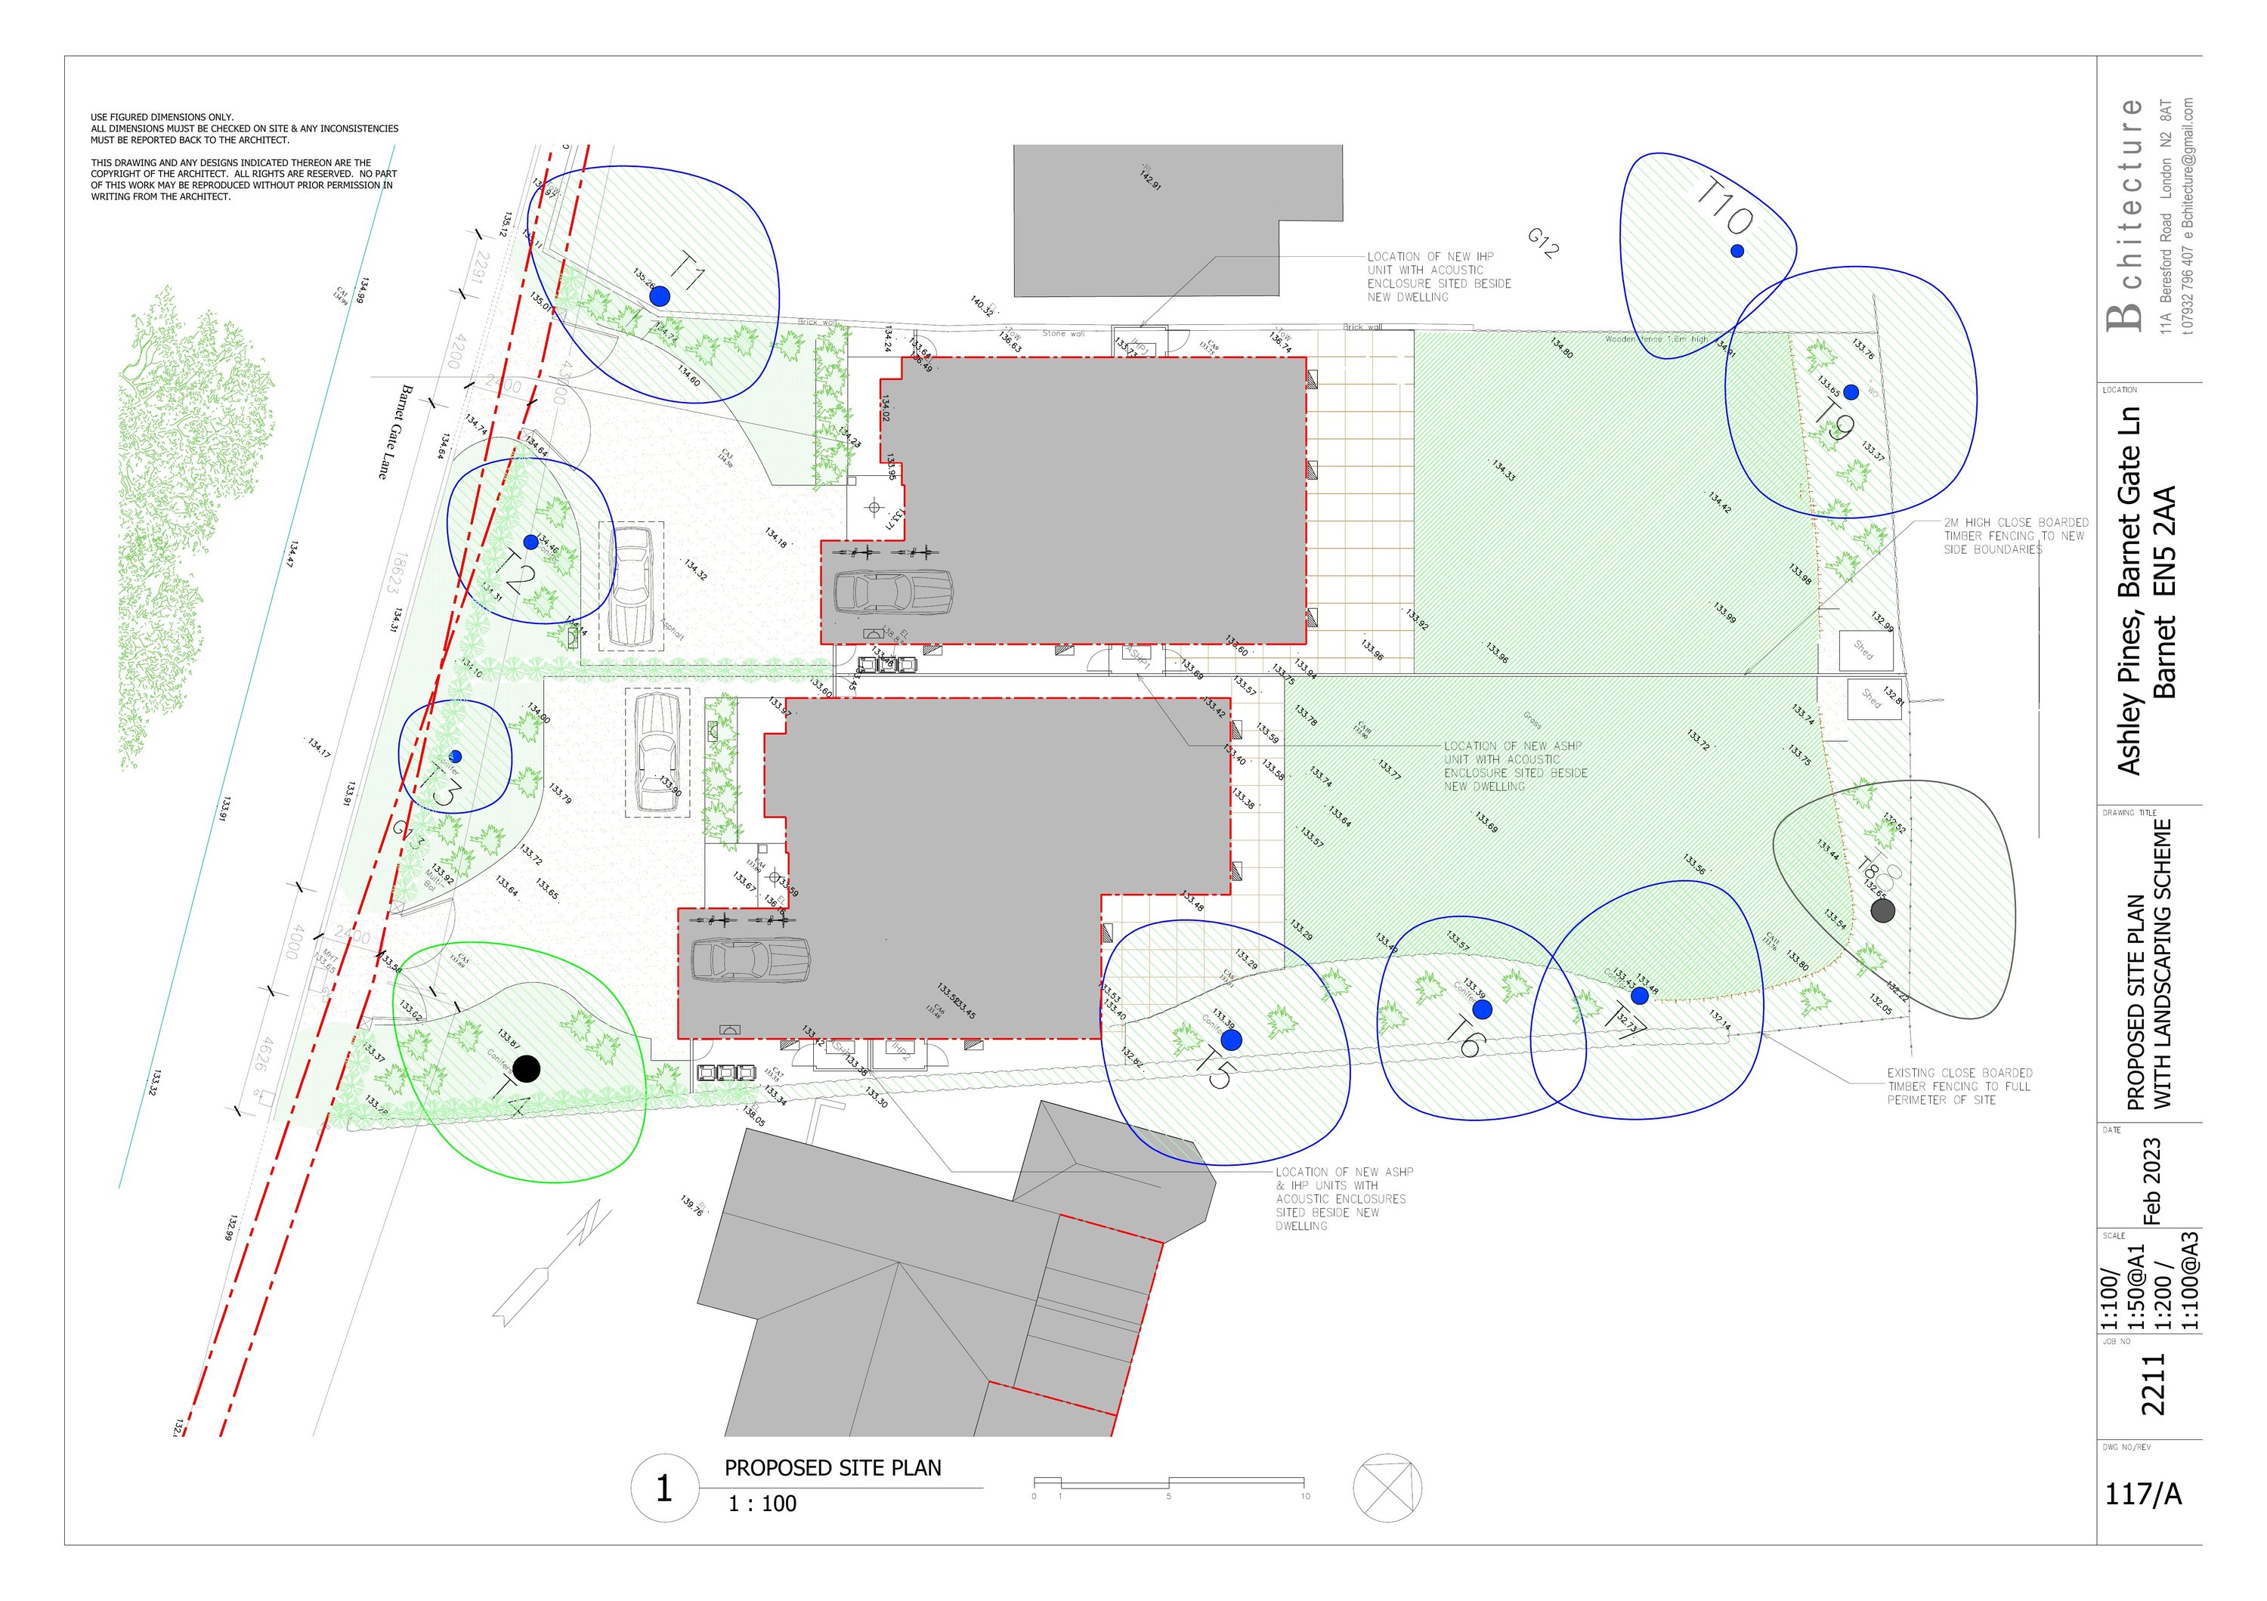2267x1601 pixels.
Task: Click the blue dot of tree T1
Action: tap(660, 295)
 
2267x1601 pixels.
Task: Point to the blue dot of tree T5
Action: tap(1231, 1040)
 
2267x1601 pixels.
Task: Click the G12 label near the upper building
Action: tap(1543, 243)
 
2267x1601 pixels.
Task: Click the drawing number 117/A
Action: tap(2142, 1494)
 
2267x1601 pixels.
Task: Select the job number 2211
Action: tap(2152, 1384)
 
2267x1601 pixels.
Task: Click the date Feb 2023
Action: tap(2152, 1180)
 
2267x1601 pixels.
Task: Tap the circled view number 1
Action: tap(663, 1488)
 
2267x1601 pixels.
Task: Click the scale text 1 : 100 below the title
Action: tap(762, 1504)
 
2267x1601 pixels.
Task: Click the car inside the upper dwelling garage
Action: tap(892, 592)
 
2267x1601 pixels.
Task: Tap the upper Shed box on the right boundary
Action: tap(1865, 650)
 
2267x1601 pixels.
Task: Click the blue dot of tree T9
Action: tap(1851, 392)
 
